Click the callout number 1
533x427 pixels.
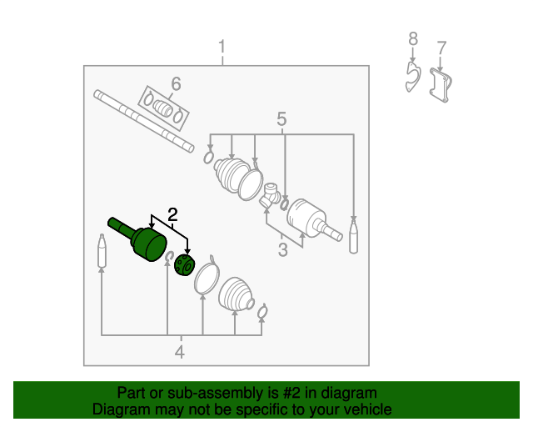tap(222, 47)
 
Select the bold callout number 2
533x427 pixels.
tap(172, 215)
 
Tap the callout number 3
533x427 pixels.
tap(283, 249)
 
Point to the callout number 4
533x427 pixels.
tap(180, 352)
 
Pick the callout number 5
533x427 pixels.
tap(281, 119)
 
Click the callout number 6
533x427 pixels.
tap(176, 83)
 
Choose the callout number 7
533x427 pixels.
tap(441, 48)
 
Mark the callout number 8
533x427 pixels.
tap(413, 39)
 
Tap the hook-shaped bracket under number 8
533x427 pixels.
tap(413, 77)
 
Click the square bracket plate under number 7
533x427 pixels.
tap(441, 85)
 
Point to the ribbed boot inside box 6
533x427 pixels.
tap(163, 108)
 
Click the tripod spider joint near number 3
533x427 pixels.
tap(271, 195)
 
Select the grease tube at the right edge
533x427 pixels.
tap(353, 236)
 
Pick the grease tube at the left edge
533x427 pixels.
tap(102, 251)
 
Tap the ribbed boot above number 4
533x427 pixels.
tap(236, 295)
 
